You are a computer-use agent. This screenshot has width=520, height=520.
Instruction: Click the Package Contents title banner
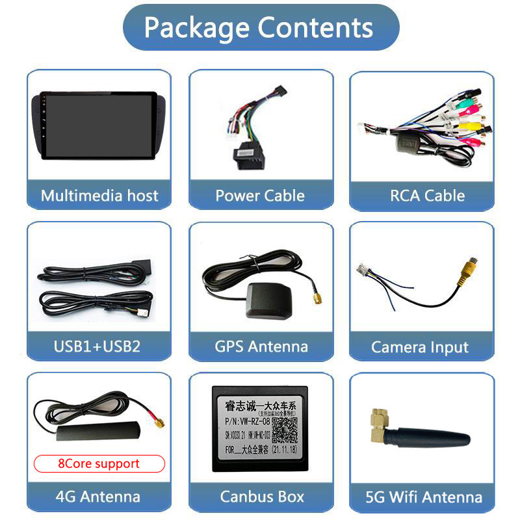point(260,28)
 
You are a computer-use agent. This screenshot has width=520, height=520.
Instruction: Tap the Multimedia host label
point(99,195)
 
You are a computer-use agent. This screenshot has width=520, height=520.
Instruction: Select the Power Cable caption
point(260,195)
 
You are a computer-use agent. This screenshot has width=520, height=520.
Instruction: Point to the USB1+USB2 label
point(97,346)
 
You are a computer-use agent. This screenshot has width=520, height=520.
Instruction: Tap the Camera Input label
point(419,347)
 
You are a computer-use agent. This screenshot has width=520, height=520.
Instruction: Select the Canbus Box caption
point(262,497)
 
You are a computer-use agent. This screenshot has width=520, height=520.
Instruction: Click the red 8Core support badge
point(99,463)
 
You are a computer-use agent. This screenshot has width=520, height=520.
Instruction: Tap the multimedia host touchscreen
point(99,124)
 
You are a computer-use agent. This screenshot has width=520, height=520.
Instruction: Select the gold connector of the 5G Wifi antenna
point(378,423)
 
